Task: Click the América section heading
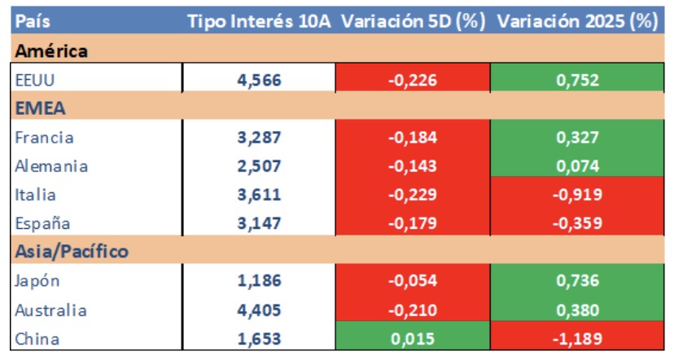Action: tap(52, 51)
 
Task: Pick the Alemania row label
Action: tap(51, 166)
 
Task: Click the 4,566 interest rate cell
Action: tap(259, 80)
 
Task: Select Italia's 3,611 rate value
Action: tap(259, 195)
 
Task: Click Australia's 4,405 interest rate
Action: tap(259, 310)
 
